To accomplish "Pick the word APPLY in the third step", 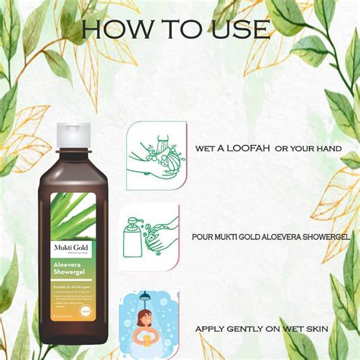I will click(208, 329).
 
